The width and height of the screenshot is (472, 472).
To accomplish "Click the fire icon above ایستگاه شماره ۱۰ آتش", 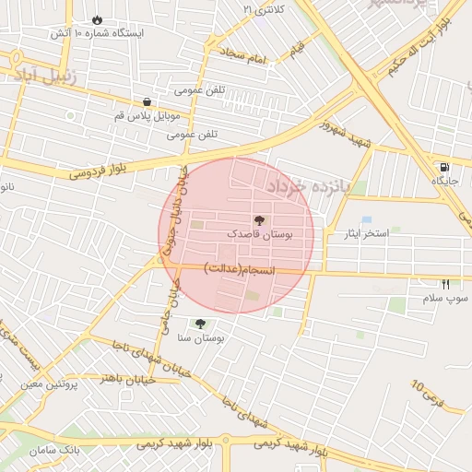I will pos(98,19).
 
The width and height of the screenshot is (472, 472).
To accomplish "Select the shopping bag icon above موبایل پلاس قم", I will pos(147,102).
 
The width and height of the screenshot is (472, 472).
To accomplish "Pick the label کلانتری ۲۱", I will pos(265,9).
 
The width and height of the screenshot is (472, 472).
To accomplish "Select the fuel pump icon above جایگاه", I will pos(445,167).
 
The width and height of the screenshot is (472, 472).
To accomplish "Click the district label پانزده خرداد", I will pos(309,187).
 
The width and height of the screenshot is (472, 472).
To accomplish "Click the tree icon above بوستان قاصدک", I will pos(257,220).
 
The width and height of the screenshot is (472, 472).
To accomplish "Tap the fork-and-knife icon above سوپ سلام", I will pos(446,284).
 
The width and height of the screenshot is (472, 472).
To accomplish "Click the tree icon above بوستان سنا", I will pos(200,323).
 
